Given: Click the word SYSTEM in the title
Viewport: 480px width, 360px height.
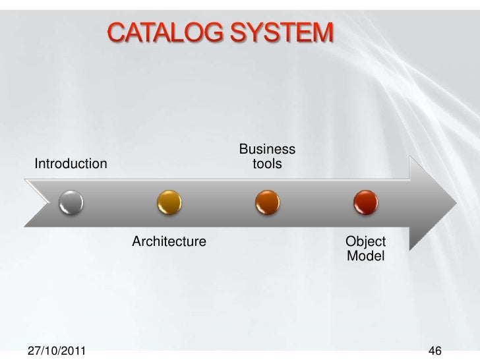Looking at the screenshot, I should tap(283, 32).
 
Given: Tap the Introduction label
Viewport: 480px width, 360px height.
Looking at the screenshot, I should tap(71, 163).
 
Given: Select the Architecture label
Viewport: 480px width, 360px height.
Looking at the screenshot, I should tap(169, 241).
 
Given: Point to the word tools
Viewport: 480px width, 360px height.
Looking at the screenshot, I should tap(267, 162).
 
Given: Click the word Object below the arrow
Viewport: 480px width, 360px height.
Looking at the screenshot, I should tap(365, 241).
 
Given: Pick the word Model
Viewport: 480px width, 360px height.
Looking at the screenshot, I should tap(365, 255).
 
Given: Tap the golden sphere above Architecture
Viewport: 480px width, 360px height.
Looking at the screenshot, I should tap(169, 202).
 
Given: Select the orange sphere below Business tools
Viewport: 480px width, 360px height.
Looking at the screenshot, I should tap(266, 202).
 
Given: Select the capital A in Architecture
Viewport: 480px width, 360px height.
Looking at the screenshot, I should tap(137, 241).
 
